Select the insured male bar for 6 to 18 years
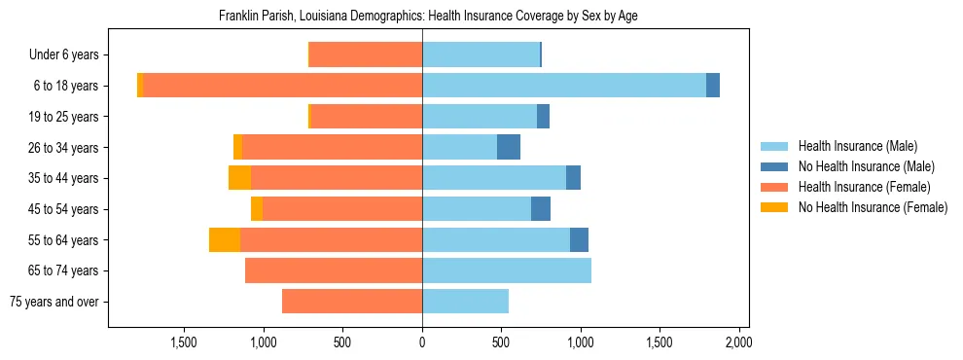click(x=564, y=86)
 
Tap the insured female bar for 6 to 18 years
click(x=282, y=86)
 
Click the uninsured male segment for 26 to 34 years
click(x=509, y=147)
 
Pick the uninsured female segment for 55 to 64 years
click(x=225, y=240)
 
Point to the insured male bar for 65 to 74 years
click(x=507, y=270)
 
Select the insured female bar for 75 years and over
click(x=352, y=302)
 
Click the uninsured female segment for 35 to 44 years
click(x=239, y=178)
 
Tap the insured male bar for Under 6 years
click(x=481, y=54)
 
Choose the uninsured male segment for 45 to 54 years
click(x=541, y=209)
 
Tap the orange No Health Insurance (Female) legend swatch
click(x=775, y=207)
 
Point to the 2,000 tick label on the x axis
click(x=738, y=342)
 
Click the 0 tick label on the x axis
click(x=422, y=342)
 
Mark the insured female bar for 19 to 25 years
click(x=366, y=117)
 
